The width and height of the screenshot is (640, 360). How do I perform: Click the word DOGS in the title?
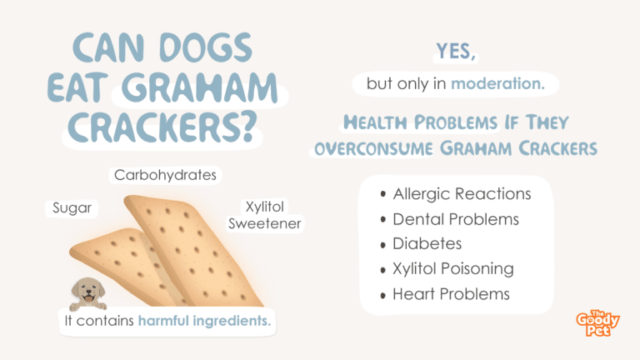(206, 47)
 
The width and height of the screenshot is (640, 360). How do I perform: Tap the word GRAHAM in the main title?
(200, 87)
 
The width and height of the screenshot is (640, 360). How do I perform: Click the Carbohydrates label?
(165, 175)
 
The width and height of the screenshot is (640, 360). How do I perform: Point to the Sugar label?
(72, 207)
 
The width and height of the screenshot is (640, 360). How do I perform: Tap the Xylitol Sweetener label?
(264, 215)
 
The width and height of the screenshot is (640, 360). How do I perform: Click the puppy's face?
(88, 291)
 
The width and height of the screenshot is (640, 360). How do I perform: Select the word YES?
(456, 51)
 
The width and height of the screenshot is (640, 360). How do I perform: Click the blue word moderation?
(498, 83)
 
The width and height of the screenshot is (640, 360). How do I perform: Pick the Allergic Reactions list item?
(462, 194)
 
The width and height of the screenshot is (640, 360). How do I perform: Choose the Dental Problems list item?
(456, 219)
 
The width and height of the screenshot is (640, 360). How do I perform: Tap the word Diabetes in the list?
(427, 243)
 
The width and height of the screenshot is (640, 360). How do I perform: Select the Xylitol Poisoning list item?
(453, 269)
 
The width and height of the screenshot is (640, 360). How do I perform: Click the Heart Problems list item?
(451, 294)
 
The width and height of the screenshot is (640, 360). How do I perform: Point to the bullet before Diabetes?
(382, 245)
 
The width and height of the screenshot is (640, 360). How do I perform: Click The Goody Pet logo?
(597, 322)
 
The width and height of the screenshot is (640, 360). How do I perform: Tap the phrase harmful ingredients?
(204, 321)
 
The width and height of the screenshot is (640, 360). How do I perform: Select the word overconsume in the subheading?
(373, 148)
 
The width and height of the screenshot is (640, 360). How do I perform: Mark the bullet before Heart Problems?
(382, 296)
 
